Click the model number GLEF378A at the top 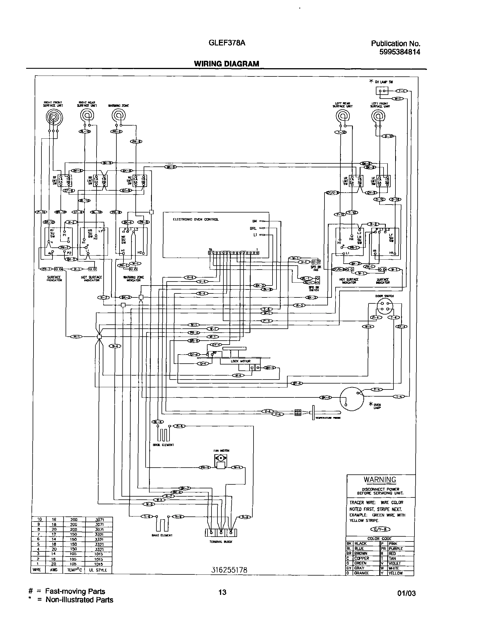[x=227, y=43]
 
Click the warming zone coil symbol [x=118, y=116]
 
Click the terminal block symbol [x=221, y=533]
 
